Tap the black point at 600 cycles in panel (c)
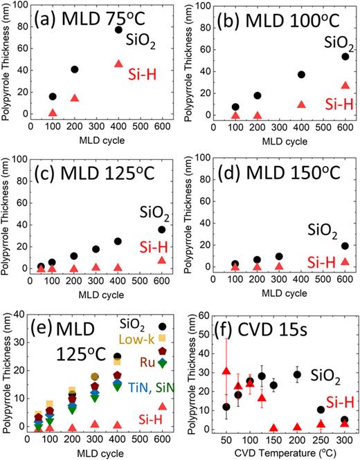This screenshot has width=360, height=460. click(162, 230)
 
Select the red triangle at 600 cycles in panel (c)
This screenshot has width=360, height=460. click(162, 260)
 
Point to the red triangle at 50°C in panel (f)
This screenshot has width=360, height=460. click(226, 372)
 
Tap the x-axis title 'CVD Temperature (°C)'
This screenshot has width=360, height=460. click(279, 453)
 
